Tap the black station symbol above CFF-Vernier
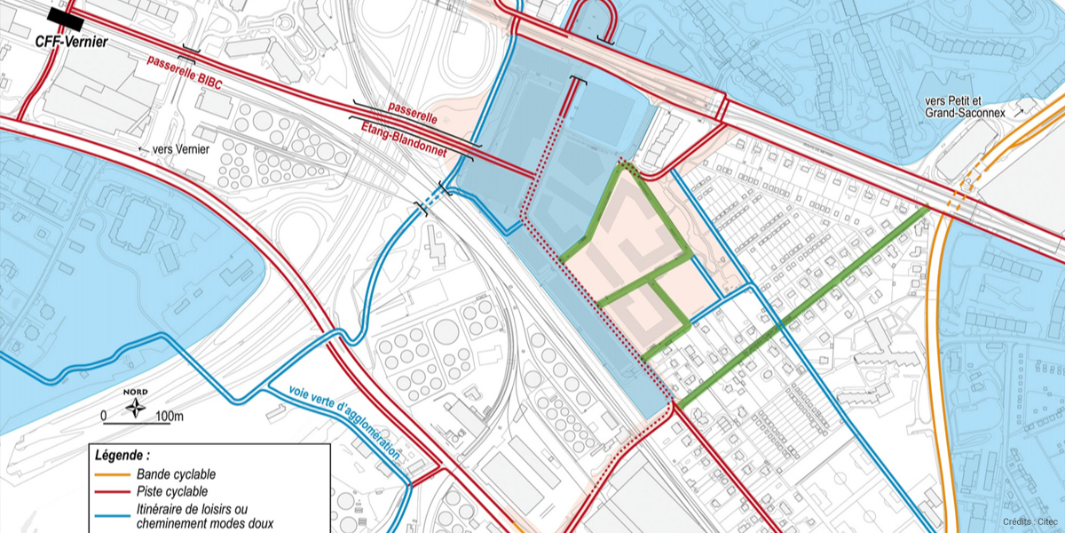[66, 16]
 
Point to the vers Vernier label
[182, 149]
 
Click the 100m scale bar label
[169, 416]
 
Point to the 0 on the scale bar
[103, 416]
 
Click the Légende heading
[122, 456]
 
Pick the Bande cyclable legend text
[176, 474]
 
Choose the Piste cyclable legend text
[172, 491]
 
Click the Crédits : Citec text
[1029, 521]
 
